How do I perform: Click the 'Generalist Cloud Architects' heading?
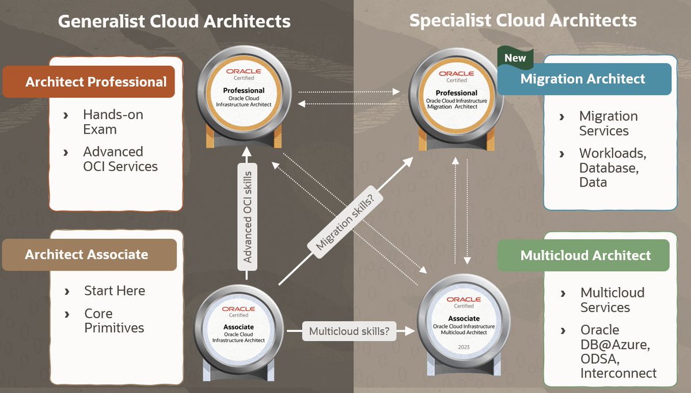(x=174, y=21)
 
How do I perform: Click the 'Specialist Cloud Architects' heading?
(x=523, y=21)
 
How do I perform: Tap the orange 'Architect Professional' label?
(x=96, y=82)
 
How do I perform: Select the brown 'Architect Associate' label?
(x=86, y=254)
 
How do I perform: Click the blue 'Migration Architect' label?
(x=583, y=79)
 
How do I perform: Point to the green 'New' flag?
(x=515, y=58)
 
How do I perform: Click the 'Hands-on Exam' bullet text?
(x=112, y=122)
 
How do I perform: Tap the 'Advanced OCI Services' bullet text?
(x=120, y=159)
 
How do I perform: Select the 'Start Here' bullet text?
(x=115, y=291)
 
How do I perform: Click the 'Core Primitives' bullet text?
(x=114, y=320)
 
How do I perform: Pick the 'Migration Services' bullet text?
(x=608, y=123)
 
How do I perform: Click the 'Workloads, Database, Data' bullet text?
(x=612, y=167)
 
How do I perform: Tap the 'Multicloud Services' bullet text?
(x=612, y=300)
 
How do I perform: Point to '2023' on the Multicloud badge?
(x=464, y=347)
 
